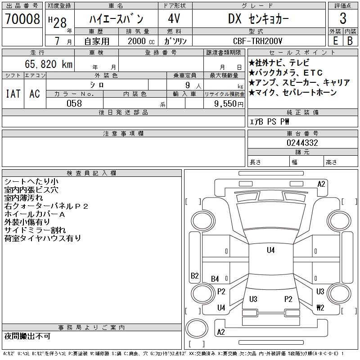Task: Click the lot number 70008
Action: coord(22,19)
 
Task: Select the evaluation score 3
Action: coord(343,19)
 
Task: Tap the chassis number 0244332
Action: coord(302,143)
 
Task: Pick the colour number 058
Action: coord(74,103)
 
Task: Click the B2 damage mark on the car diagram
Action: coord(195,275)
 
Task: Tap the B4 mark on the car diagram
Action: coord(215,279)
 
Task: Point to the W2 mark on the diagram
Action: coord(320,308)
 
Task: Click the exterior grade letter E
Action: coord(335,41)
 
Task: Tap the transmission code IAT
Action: coord(13,94)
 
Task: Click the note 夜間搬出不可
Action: coord(27,336)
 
